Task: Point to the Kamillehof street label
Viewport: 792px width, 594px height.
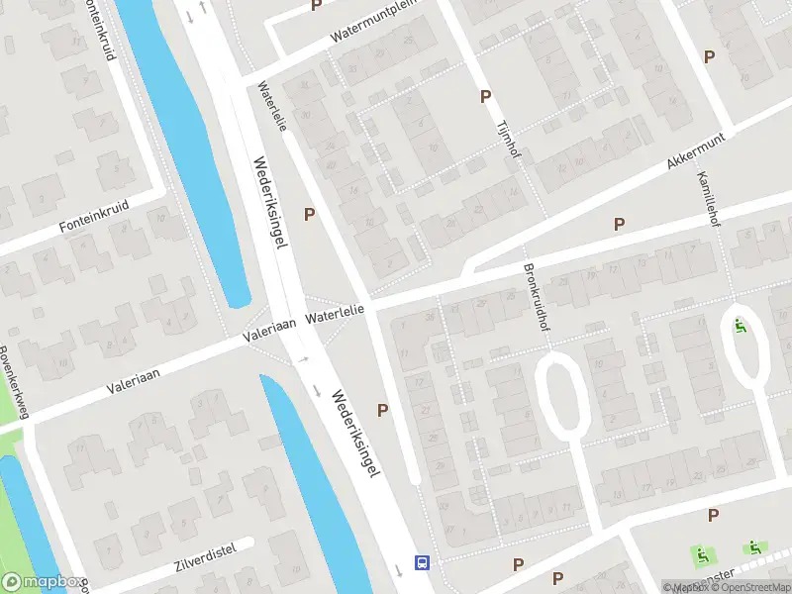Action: [706, 197]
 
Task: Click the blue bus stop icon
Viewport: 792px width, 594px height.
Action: [422, 563]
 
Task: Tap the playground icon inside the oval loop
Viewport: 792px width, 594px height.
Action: [740, 326]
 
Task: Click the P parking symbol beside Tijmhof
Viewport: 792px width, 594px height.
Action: [485, 96]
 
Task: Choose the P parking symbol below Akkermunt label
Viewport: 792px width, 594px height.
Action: [620, 225]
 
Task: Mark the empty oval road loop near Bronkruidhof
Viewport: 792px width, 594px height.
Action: [561, 396]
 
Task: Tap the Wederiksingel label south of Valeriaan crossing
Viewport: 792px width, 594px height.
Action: [356, 433]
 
